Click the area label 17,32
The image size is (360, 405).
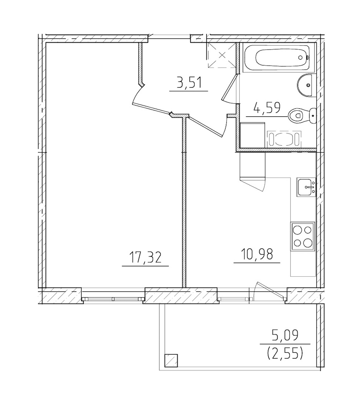click(x=145, y=257)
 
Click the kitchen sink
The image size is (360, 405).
click(x=306, y=187)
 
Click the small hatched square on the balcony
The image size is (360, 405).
click(x=171, y=361)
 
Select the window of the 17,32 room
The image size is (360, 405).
click(x=113, y=298)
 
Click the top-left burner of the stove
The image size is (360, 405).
click(x=298, y=230)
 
